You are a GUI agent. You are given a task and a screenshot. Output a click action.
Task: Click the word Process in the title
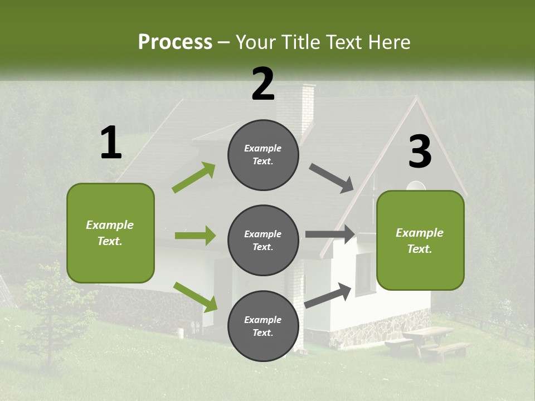(175, 42)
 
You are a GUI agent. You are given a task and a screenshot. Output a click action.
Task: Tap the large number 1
(111, 143)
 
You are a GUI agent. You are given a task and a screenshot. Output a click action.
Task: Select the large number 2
(263, 84)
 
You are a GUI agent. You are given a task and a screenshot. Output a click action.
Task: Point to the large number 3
(420, 152)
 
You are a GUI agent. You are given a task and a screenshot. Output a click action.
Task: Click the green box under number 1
(110, 233)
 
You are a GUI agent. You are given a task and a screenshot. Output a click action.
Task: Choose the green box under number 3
(420, 240)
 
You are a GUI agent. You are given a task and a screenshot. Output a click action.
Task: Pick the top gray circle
(263, 155)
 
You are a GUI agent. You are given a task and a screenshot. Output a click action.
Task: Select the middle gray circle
(263, 240)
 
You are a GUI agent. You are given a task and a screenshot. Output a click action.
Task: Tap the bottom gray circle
(263, 326)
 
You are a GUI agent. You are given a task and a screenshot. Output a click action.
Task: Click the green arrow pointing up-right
(194, 178)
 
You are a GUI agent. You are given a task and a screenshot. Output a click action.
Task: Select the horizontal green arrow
(195, 236)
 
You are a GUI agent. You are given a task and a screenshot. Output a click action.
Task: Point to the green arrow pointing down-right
(195, 297)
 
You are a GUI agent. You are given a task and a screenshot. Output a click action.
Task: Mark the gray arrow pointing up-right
(329, 295)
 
